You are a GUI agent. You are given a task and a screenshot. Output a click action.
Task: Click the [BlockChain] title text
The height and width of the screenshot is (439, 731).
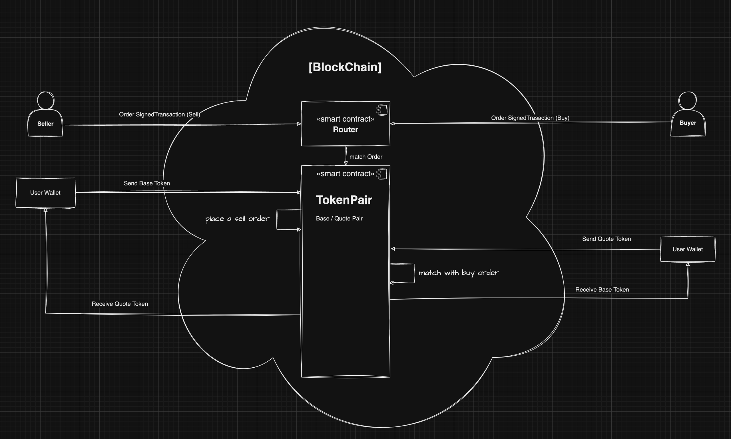pyautogui.click(x=345, y=67)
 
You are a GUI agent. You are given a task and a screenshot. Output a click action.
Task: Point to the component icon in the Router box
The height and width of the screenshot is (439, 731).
pyautogui.click(x=382, y=110)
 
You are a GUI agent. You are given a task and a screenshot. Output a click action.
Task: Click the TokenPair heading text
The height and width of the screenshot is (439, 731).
pyautogui.click(x=344, y=200)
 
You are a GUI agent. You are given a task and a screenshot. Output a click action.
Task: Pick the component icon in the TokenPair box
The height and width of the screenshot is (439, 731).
pyautogui.click(x=382, y=174)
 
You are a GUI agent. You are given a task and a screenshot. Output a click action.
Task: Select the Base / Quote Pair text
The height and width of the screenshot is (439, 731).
pyautogui.click(x=339, y=219)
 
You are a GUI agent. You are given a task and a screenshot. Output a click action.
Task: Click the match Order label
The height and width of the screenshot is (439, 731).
pyautogui.click(x=366, y=157)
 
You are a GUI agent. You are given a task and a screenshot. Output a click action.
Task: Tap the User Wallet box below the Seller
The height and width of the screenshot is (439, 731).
pyautogui.click(x=45, y=193)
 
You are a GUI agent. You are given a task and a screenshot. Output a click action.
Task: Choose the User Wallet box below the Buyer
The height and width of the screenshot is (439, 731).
pyautogui.click(x=688, y=249)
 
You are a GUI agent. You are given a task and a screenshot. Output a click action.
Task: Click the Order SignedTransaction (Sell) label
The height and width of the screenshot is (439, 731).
pyautogui.click(x=160, y=114)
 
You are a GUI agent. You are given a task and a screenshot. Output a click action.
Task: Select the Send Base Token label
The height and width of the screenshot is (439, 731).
pyautogui.click(x=147, y=184)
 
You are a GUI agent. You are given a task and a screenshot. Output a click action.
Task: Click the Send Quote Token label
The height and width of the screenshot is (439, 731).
pyautogui.click(x=607, y=239)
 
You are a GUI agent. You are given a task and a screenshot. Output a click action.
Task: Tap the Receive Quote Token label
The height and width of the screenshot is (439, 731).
pyautogui.click(x=120, y=304)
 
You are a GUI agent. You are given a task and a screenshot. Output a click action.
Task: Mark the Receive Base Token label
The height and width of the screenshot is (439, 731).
pyautogui.click(x=602, y=290)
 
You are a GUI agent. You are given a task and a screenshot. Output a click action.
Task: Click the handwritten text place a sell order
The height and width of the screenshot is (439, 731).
pyautogui.click(x=237, y=219)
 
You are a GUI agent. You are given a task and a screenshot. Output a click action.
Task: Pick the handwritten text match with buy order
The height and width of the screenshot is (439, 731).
pyautogui.click(x=458, y=273)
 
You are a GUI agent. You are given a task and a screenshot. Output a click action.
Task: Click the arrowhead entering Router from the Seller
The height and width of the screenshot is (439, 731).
pyautogui.click(x=299, y=124)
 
